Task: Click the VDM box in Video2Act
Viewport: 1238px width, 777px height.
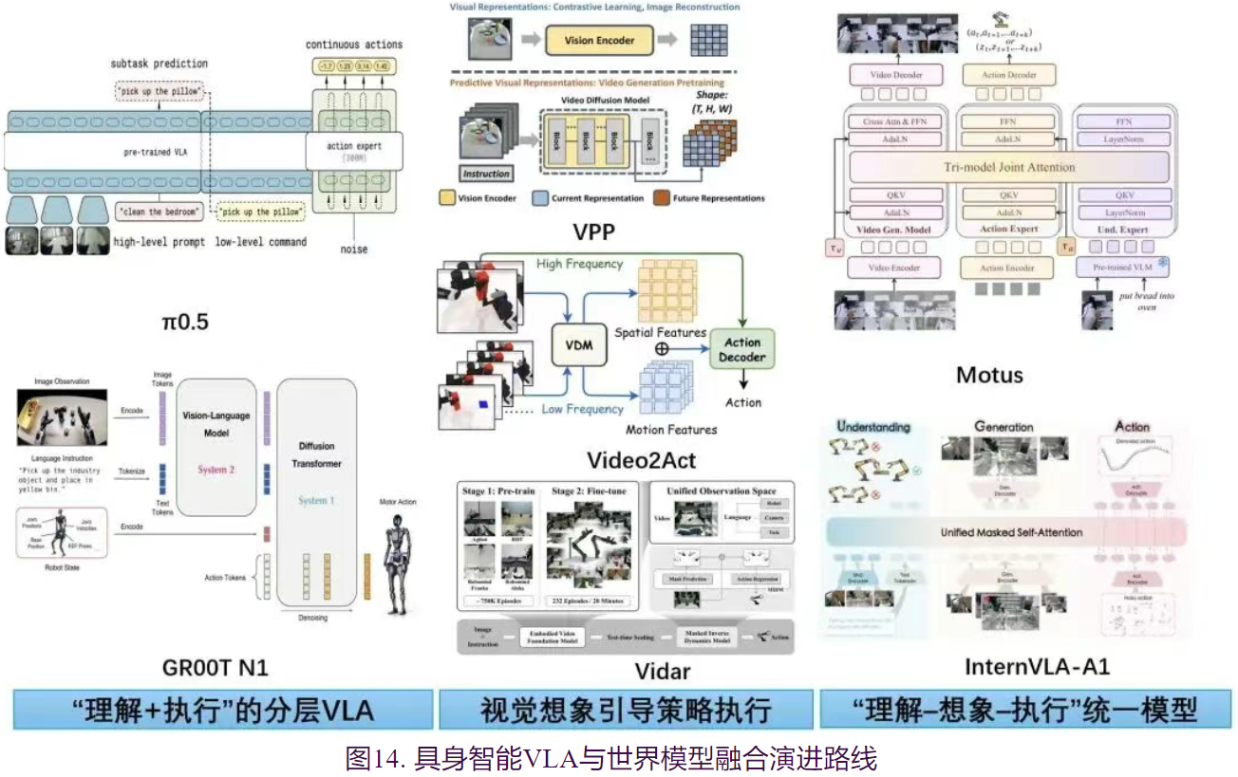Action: (x=578, y=345)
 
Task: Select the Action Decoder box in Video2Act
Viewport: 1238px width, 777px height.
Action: (x=742, y=350)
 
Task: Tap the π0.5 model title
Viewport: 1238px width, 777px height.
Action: (x=184, y=322)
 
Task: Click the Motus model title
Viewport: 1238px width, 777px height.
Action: (x=989, y=374)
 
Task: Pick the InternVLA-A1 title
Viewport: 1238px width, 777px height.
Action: (x=1037, y=667)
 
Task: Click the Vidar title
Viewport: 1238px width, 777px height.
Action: (x=662, y=673)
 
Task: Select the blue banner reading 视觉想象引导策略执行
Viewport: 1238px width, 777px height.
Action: (x=625, y=710)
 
